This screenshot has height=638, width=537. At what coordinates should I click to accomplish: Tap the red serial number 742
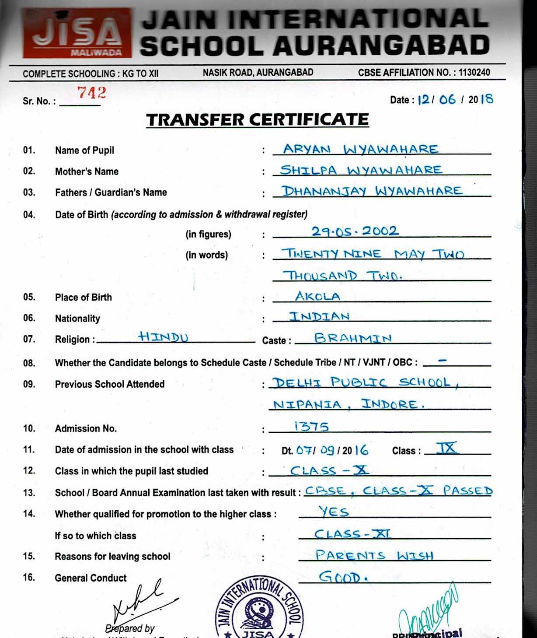coord(91,93)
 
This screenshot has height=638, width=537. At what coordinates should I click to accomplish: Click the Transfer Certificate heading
coord(258,119)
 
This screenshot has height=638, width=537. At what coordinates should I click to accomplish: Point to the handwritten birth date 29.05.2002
coord(355,231)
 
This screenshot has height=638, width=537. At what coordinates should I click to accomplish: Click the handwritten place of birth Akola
coord(317,296)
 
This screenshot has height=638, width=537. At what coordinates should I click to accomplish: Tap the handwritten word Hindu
coord(163,337)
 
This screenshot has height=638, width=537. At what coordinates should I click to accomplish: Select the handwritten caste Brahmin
coord(353,338)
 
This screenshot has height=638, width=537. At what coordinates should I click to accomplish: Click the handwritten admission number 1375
coord(311,426)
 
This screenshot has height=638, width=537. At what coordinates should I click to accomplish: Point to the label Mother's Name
coord(87,172)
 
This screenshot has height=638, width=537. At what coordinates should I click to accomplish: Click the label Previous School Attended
coord(110,384)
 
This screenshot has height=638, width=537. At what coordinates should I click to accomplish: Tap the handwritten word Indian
coord(319,316)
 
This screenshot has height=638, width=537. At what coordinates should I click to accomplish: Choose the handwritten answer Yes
coord(334,511)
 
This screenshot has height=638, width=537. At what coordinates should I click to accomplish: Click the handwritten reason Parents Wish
coord(374,555)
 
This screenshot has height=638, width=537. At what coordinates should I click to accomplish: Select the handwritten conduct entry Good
coord(342,577)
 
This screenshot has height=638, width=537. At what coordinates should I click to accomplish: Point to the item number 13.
coord(29,493)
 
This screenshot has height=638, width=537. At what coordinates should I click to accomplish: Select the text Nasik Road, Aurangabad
coord(258,73)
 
